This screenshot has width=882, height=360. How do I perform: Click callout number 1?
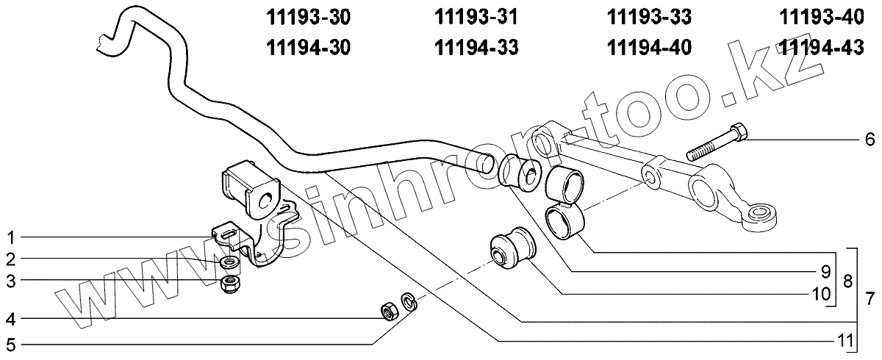(11, 237)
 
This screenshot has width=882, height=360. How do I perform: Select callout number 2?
(11, 259)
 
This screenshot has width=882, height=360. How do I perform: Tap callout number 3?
(11, 280)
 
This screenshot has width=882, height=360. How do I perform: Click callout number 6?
(870, 138)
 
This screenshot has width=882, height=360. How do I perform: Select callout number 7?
(870, 298)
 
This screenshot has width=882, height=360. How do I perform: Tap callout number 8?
(847, 280)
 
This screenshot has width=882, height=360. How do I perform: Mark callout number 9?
(825, 269)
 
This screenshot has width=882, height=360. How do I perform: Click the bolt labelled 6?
(717, 144)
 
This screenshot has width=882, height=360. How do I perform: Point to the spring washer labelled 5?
(406, 300)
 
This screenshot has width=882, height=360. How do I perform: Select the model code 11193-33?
(650, 15)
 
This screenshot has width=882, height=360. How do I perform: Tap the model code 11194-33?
(477, 48)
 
